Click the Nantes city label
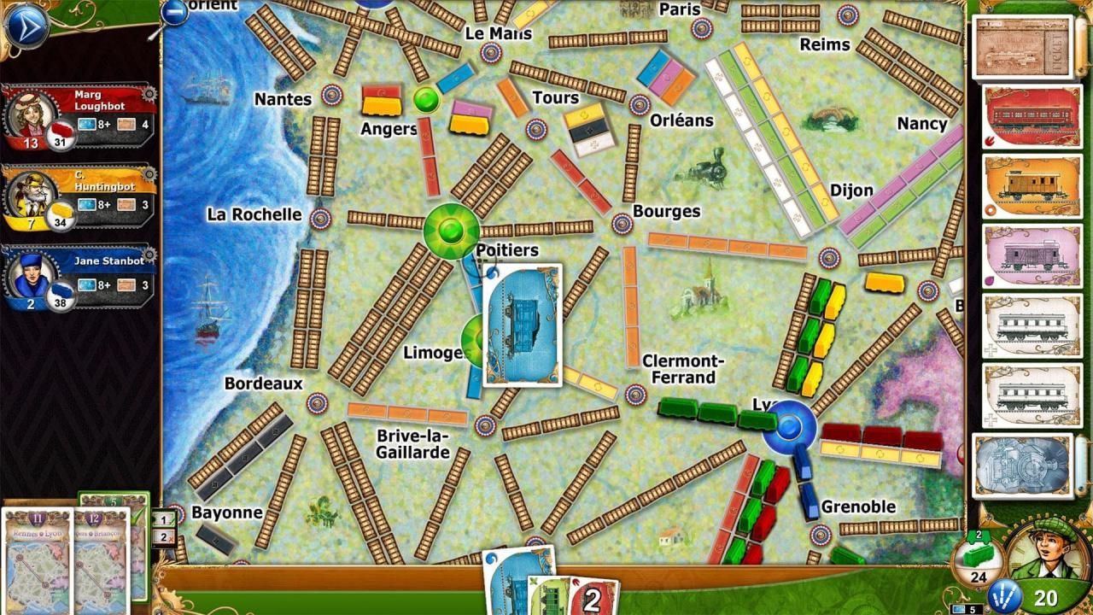(283, 99)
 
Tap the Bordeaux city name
(263, 384)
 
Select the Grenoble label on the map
(859, 507)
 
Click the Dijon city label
(851, 190)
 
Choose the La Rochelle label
(254, 214)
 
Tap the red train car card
(1032, 115)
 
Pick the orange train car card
(1032, 185)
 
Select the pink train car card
(1032, 255)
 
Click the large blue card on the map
(522, 325)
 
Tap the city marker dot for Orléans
(640, 105)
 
